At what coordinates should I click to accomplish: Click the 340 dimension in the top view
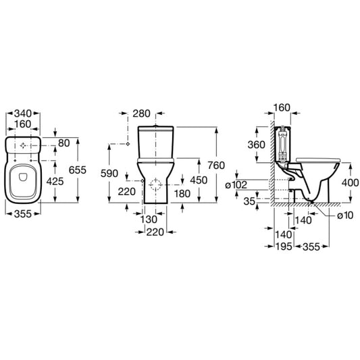coord(23,113)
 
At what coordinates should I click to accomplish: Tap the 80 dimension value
coord(63,143)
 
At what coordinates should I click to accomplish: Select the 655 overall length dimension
coord(78,170)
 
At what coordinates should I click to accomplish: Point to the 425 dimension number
coord(55,182)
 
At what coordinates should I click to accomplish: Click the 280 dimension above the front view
coord(141,113)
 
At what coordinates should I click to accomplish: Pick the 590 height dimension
coord(109,174)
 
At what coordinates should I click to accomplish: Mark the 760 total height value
coord(216,165)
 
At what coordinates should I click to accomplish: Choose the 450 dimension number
coord(199,180)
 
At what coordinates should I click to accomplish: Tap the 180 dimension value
coord(182,194)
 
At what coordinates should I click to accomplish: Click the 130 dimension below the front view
coord(149,220)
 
